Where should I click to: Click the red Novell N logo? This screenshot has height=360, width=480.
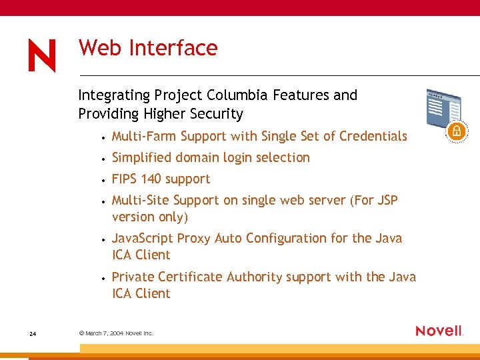(x=42, y=55)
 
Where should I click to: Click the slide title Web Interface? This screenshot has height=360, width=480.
(x=148, y=48)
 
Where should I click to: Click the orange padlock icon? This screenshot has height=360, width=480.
(x=456, y=129)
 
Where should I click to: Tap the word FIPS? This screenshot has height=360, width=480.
(x=124, y=179)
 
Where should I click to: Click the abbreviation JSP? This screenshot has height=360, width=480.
(x=386, y=200)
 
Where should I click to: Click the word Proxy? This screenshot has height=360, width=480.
(x=193, y=238)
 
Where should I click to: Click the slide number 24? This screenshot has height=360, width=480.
(x=33, y=333)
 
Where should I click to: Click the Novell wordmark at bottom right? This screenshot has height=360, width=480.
(x=439, y=331)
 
